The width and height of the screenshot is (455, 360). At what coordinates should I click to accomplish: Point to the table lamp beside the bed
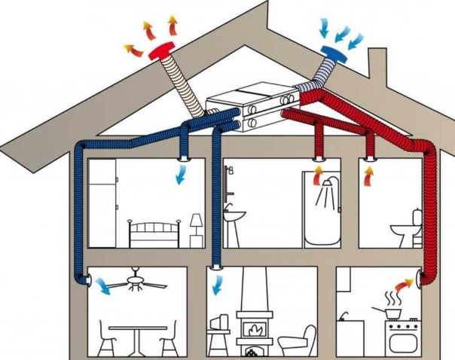[197, 225]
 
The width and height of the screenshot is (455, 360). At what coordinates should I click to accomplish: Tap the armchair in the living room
[298, 339]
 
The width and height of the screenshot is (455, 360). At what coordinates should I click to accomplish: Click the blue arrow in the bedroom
[181, 175]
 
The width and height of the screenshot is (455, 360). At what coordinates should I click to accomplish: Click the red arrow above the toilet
[368, 175]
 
